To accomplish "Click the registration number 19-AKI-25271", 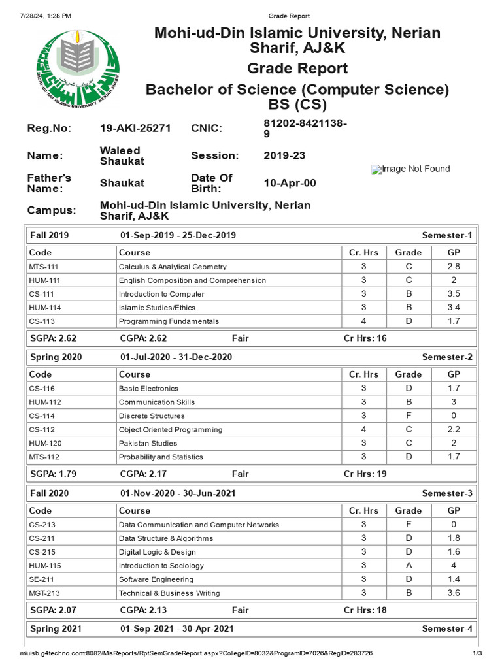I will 135,128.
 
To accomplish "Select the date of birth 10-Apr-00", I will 290,183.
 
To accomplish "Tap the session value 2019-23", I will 284,155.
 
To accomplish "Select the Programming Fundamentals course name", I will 169,321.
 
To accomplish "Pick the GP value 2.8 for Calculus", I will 454,267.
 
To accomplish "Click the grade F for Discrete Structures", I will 409,416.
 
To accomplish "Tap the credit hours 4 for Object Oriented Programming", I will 364,430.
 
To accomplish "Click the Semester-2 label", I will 447,357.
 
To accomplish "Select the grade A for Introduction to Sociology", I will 409,566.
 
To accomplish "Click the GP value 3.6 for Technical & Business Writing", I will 454,593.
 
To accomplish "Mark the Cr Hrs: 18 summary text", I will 365,610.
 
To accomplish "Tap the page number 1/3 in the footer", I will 477,653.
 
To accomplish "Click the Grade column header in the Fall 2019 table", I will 409,252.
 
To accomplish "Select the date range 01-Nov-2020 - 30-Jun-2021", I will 178,493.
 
